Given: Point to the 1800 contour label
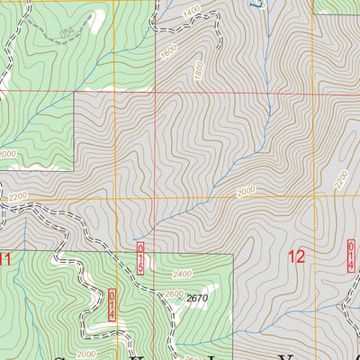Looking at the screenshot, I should click(x=198, y=67).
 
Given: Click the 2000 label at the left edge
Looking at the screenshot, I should click(x=7, y=154).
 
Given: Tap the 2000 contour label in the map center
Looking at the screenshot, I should click(x=246, y=192).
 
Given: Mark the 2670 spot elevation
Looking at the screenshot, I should click(x=198, y=298).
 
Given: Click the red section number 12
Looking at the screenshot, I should click(x=296, y=257).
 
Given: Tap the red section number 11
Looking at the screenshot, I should click(x=6, y=260).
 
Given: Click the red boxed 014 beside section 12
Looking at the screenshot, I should click(x=352, y=255).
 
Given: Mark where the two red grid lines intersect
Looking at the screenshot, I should click(x=156, y=92).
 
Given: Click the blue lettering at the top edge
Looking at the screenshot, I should click(x=232, y=4).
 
